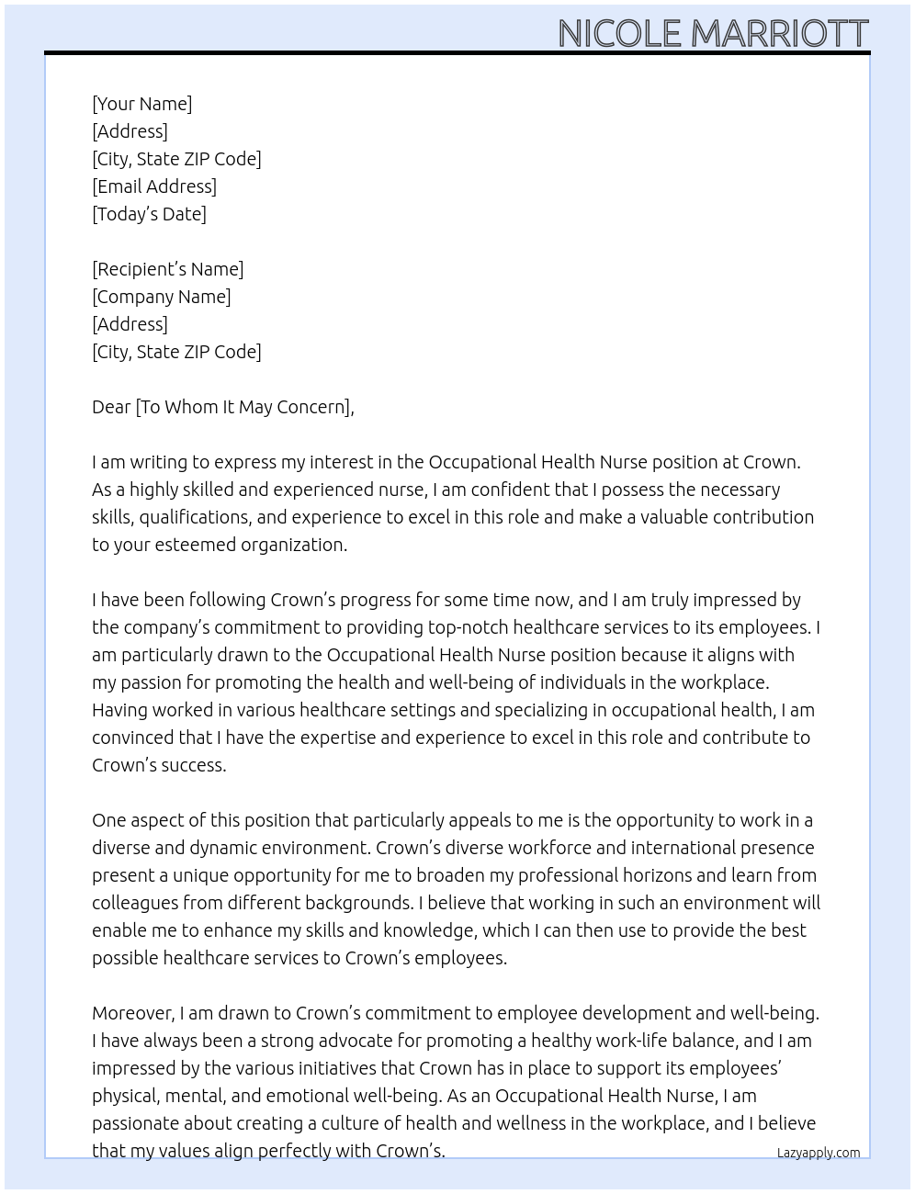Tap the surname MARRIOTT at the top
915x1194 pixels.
(779, 34)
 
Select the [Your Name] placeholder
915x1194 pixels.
(142, 104)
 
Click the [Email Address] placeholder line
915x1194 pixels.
(154, 186)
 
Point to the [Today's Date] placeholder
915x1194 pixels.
(149, 214)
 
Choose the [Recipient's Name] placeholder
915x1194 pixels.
(168, 269)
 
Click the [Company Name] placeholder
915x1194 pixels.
(162, 297)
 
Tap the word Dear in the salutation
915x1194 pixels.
(111, 407)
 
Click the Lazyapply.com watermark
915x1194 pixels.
(819, 1153)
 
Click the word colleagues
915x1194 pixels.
(135, 903)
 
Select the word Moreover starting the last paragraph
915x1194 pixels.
(133, 1013)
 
